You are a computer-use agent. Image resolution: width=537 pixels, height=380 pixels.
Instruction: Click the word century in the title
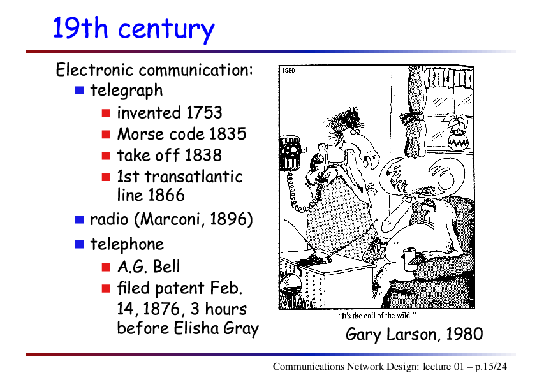click(x=166, y=29)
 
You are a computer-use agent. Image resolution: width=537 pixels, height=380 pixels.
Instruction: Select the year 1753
click(x=204, y=113)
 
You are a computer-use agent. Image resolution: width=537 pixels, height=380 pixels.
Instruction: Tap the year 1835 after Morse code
click(x=228, y=134)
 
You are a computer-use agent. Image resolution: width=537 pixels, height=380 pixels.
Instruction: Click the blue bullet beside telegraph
click(x=80, y=91)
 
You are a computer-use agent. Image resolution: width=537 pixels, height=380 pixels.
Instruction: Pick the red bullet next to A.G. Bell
click(x=106, y=267)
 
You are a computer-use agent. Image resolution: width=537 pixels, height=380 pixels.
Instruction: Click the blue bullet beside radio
click(x=80, y=219)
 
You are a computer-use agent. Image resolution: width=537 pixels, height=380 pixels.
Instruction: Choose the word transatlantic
click(x=194, y=177)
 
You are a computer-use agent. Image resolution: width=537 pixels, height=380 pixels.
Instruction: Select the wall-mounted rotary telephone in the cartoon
click(x=291, y=152)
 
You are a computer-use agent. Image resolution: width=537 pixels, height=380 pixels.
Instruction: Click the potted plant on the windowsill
click(x=457, y=133)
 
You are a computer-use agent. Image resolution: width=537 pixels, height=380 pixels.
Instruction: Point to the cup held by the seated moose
click(x=409, y=259)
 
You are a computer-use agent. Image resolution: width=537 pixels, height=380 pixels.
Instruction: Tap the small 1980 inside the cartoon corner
click(x=288, y=71)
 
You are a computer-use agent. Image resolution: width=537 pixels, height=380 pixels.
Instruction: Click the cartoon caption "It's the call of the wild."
click(x=377, y=316)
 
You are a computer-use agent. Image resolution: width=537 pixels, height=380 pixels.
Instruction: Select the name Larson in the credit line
click(x=414, y=335)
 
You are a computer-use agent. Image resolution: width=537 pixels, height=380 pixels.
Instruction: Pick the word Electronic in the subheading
click(x=94, y=70)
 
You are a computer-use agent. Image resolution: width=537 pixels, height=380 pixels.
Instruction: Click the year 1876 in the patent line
click(x=161, y=309)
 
